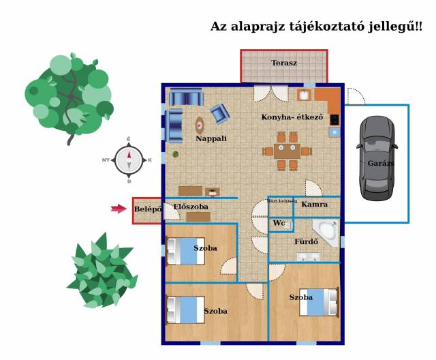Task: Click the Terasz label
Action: coord(284,63)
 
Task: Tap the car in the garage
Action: coord(377,157)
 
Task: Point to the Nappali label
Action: coord(211,138)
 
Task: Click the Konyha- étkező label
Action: coord(292,117)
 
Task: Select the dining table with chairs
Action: coord(287,151)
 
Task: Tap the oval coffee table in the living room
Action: coord(200,125)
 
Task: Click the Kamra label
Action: coord(315,205)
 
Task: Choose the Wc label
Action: coord(279,224)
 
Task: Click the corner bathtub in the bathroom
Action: coord(326,232)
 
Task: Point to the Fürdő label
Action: coord(307,242)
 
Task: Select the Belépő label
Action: coord(147,209)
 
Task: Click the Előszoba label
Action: coord(191,207)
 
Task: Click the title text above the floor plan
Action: coord(316,27)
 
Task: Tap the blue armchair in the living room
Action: coord(219,113)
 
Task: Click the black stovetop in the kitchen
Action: coord(334,119)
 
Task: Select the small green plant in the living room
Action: coord(176,154)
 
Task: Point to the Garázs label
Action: coord(381,163)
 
